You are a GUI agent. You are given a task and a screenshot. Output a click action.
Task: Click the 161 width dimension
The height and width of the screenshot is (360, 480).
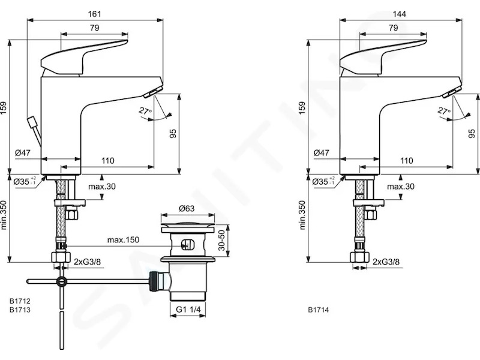click(x=94, y=14)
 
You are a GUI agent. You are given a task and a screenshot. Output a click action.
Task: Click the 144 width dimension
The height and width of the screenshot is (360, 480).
click(x=400, y=14)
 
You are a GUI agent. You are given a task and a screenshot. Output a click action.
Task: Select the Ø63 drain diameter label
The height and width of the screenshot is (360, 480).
click(x=187, y=208)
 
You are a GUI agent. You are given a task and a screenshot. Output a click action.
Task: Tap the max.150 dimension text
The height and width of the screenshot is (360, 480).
click(x=123, y=239)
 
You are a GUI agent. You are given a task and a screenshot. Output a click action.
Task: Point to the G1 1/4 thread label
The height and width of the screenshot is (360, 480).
click(x=188, y=310)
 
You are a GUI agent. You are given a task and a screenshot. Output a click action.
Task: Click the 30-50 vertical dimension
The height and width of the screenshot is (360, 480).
click(x=221, y=241)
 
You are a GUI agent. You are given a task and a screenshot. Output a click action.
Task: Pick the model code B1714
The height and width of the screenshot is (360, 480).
click(x=319, y=310)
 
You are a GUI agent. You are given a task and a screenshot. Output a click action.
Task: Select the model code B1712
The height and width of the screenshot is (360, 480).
click(x=20, y=301)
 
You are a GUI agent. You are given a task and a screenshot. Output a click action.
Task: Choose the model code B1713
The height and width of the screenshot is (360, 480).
click(x=20, y=310)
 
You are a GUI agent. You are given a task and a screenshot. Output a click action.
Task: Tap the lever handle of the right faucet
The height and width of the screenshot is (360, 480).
click(x=383, y=58)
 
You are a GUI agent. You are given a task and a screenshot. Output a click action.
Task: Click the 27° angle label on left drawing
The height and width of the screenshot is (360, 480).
click(x=145, y=111)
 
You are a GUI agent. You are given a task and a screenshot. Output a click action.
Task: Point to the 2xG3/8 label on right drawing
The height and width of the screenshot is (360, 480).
click(x=386, y=262)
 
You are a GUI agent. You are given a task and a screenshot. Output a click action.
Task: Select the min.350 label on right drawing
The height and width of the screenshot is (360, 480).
click(x=302, y=215)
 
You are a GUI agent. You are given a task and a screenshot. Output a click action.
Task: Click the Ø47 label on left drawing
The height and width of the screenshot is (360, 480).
click(x=23, y=152)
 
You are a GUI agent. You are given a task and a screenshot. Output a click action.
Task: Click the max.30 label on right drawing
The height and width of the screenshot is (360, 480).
click(x=401, y=187)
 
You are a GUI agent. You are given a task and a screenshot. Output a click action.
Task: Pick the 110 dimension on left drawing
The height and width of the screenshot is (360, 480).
click(x=108, y=160)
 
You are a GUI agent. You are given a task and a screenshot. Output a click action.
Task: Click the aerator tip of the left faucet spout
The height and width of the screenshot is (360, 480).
click(x=153, y=92)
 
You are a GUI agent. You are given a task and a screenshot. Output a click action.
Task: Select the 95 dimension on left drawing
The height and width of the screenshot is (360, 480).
click(x=173, y=133)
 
